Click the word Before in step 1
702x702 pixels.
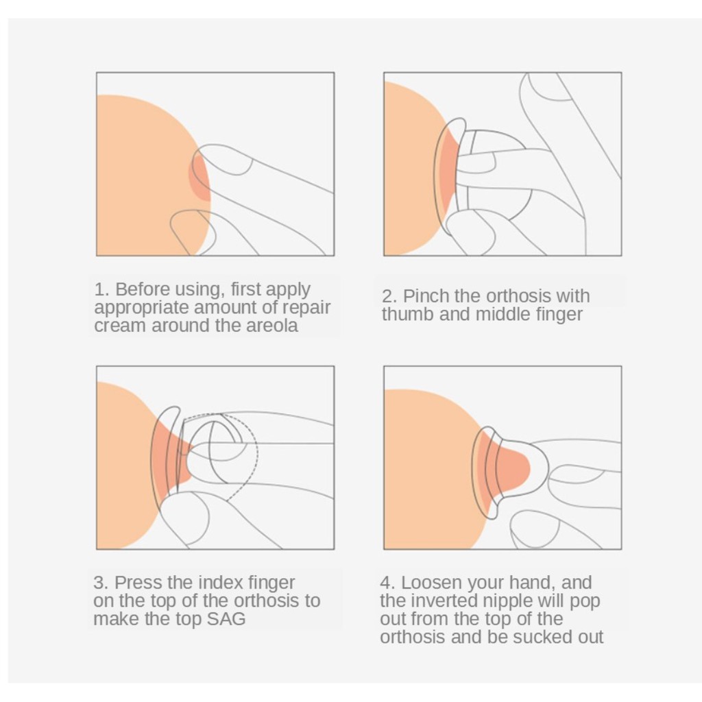(143, 289)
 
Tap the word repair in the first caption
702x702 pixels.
(306, 308)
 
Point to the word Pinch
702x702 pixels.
(426, 296)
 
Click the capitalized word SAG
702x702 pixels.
(226, 619)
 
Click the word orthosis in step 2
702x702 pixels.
(518, 296)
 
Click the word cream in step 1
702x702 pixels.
(119, 326)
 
